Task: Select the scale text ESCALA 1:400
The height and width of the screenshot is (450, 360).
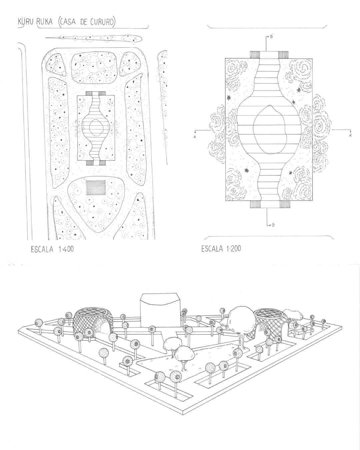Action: [x=52, y=249]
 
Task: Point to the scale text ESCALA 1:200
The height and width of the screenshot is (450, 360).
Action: [x=221, y=249]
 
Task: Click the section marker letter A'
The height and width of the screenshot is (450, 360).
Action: [x=350, y=136]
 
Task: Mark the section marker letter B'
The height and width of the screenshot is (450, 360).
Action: [x=272, y=36]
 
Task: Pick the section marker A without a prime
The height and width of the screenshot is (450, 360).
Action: [x=195, y=137]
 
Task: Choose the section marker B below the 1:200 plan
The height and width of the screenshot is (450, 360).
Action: [x=273, y=225]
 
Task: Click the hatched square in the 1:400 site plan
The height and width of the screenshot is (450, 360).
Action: [x=96, y=188]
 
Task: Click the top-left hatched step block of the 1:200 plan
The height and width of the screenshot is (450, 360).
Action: [x=255, y=55]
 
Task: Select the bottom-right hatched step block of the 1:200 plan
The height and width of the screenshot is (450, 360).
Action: [x=284, y=204]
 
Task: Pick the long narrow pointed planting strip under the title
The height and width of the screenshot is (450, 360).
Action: [x=94, y=38]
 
